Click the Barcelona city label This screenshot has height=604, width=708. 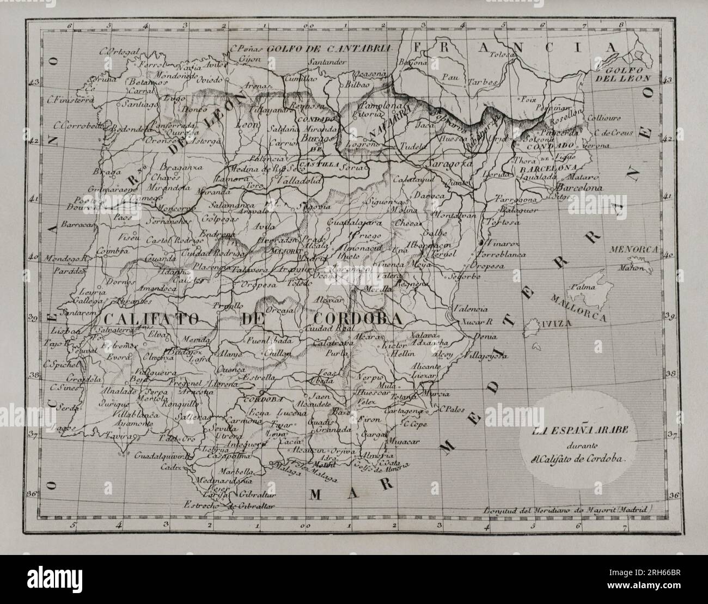577,188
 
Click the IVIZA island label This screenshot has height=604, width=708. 554,323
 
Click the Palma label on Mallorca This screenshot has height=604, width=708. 582,286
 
